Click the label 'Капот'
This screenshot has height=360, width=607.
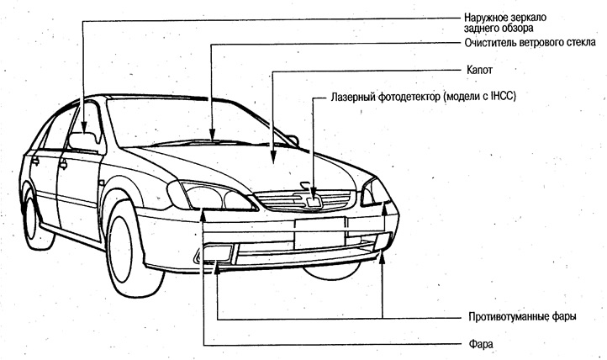(x=479, y=70)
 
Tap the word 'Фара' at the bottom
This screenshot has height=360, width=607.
(x=481, y=344)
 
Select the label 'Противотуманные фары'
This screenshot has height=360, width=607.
(x=522, y=316)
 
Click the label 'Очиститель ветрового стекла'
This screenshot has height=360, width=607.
(x=530, y=43)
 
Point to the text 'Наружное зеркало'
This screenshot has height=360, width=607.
(x=505, y=18)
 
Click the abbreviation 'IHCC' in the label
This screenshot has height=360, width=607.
(x=503, y=96)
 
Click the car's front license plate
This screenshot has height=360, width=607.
(x=319, y=233)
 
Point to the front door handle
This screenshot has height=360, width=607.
(x=63, y=165)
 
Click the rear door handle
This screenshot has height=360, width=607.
(x=35, y=160)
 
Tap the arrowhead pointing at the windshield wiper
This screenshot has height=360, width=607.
(x=212, y=135)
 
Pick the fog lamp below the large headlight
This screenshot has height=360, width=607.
(x=217, y=253)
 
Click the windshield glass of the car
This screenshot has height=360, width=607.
(x=186, y=122)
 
